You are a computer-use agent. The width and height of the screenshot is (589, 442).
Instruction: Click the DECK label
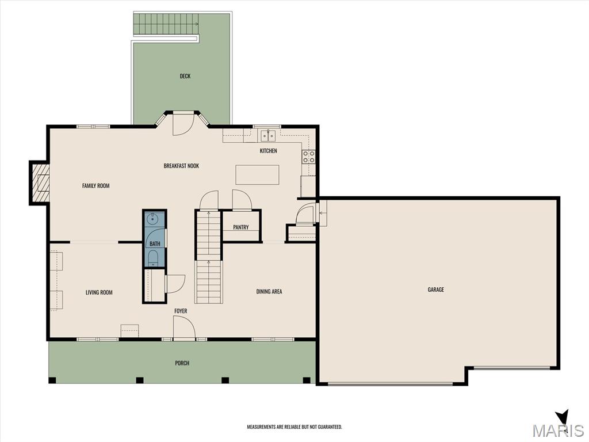click(x=185, y=77)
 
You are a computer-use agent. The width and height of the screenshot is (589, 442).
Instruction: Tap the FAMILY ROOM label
click(x=96, y=186)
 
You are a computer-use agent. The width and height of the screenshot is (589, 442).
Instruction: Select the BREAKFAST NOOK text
click(x=181, y=166)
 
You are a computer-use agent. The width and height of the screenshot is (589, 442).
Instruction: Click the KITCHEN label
click(x=268, y=151)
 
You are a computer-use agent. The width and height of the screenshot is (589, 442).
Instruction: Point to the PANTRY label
click(x=241, y=227)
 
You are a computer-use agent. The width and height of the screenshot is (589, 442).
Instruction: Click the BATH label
click(x=155, y=244)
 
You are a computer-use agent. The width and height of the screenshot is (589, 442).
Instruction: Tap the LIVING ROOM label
click(x=99, y=292)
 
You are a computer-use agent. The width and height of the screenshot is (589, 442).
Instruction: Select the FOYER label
click(x=181, y=311)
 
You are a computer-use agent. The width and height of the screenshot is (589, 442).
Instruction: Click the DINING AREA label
click(x=269, y=291)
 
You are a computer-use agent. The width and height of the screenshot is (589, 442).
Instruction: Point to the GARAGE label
click(x=436, y=289)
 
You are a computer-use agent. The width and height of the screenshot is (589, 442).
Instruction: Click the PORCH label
click(x=182, y=363)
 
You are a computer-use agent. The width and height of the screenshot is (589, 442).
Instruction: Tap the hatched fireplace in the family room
click(x=40, y=183)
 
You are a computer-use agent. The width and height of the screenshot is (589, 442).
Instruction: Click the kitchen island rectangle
click(x=257, y=175)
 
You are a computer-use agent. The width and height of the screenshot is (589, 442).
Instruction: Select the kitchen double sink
click(x=268, y=135)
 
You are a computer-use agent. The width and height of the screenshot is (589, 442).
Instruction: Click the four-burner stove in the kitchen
click(x=309, y=157)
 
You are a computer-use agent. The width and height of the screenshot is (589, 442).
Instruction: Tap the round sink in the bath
click(x=152, y=219)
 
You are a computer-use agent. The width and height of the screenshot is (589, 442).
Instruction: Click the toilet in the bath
click(x=152, y=258)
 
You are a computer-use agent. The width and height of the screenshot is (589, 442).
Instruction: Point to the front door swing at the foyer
click(x=184, y=327)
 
